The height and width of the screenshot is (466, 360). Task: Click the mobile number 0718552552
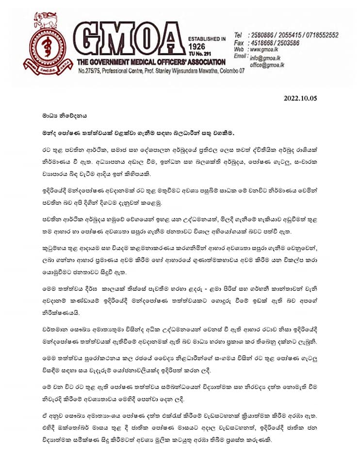click(320, 35)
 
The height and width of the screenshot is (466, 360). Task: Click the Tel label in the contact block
click(238, 35)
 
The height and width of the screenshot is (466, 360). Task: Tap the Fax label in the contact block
click(239, 43)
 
